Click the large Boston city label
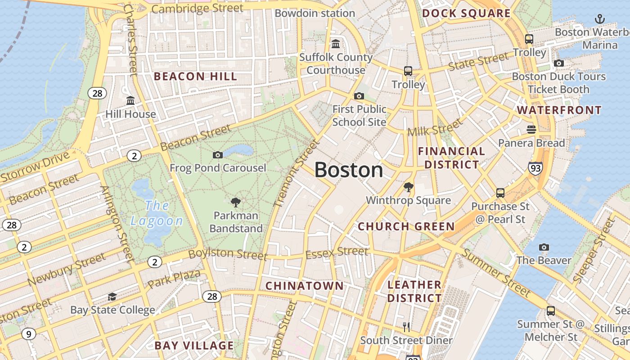click(349, 170)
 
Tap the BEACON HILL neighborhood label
click(195, 76)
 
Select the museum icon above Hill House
click(130, 100)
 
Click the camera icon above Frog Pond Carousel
click(218, 155)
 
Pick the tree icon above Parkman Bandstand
click(235, 202)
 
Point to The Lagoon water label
click(157, 213)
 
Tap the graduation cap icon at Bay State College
click(112, 297)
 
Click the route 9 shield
click(28, 334)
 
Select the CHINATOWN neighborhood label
click(304, 286)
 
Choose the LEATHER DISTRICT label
click(414, 291)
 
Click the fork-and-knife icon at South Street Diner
click(406, 327)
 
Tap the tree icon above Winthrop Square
click(408, 187)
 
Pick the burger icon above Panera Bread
click(531, 130)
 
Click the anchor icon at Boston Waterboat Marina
click(599, 18)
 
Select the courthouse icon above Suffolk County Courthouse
click(336, 44)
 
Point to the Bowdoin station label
click(315, 13)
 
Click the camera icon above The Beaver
click(544, 247)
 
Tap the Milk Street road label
click(435, 127)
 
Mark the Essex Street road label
click(337, 253)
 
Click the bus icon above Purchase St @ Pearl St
click(500, 193)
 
